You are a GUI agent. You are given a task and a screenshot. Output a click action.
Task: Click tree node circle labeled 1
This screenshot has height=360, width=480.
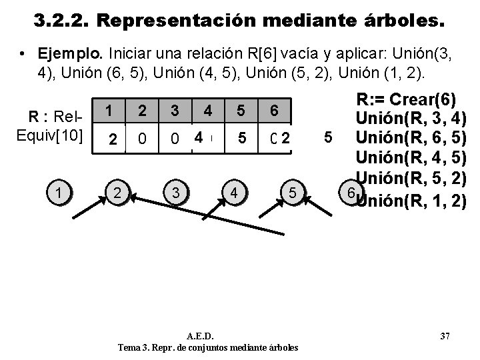point(61,193)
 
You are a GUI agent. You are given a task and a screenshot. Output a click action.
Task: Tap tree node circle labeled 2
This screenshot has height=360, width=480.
point(118,193)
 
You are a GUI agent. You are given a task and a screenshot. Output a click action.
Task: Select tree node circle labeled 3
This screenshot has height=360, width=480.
point(175,193)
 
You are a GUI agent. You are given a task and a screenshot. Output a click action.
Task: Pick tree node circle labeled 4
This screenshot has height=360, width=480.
point(234,193)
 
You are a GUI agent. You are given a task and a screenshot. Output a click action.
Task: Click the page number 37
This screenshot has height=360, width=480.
point(445,335)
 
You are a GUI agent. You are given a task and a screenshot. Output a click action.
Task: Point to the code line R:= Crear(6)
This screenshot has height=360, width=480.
point(406,101)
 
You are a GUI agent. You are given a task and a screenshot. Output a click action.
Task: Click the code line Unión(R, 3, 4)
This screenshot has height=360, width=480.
point(411,120)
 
